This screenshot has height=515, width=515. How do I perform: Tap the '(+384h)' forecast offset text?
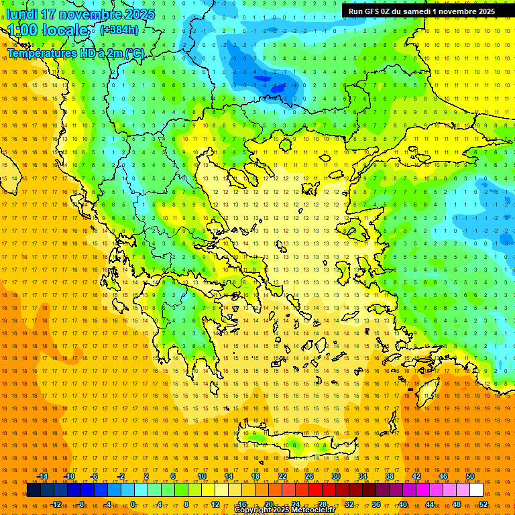(x=119, y=30)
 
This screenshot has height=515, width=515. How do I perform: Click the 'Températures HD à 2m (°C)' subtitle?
(x=74, y=52)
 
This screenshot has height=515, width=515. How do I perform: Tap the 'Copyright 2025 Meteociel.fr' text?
(x=284, y=510)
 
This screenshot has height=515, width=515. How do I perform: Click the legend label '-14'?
(x=42, y=476)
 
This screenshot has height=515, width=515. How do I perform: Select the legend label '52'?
(x=483, y=504)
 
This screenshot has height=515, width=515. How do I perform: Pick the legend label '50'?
(x=470, y=476)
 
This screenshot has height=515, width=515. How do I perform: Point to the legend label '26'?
(x=309, y=476)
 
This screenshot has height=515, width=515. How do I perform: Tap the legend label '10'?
(x=202, y=476)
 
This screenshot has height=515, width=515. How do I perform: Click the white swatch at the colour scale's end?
(x=477, y=490)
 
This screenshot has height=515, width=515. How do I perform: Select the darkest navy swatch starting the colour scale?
(x=34, y=490)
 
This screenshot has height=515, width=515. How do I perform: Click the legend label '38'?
(x=390, y=476)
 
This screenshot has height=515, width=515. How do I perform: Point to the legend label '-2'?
(x=121, y=476)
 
